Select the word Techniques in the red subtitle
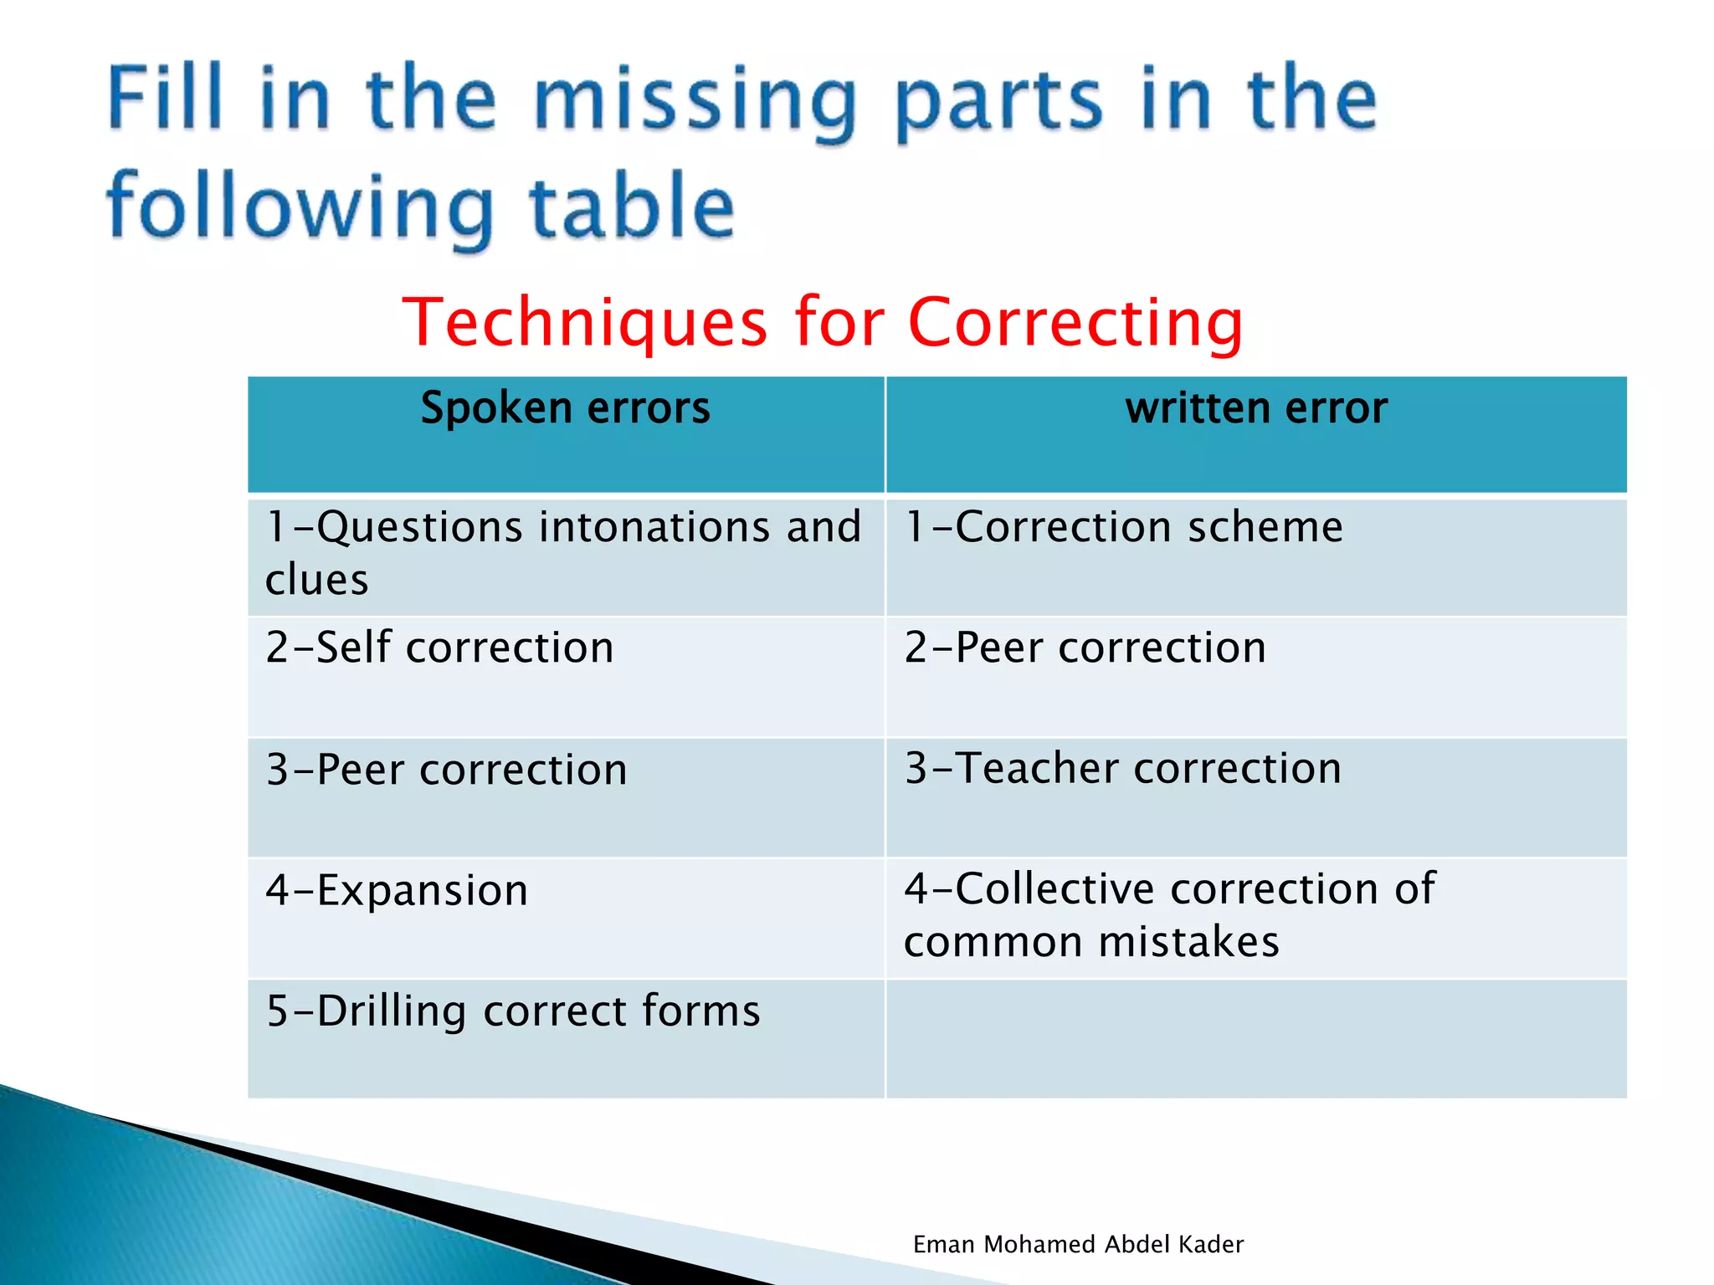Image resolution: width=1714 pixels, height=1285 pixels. point(584,322)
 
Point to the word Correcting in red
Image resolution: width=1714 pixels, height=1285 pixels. point(1075,322)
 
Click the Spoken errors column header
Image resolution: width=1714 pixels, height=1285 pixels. point(565,409)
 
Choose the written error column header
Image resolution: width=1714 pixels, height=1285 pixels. point(1255,409)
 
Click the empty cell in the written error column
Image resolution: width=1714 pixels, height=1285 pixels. point(1255,1038)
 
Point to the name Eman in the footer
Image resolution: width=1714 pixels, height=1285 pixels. point(944,1245)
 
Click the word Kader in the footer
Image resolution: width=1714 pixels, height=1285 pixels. point(1210,1245)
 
